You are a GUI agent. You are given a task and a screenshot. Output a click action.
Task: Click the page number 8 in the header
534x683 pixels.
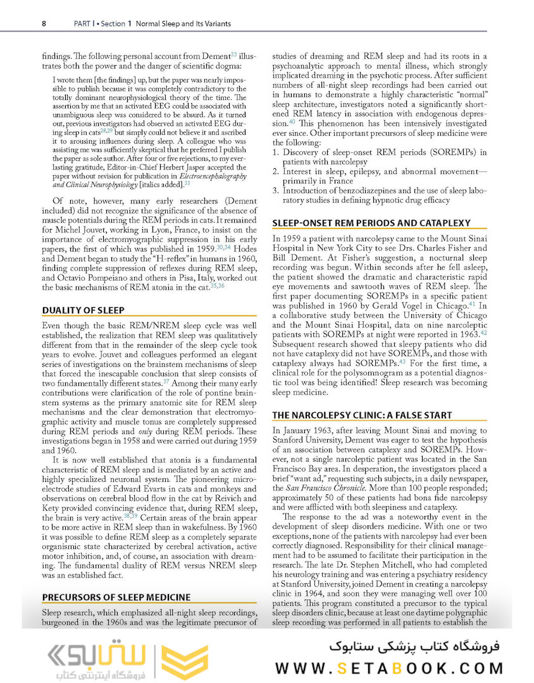pos(44,24)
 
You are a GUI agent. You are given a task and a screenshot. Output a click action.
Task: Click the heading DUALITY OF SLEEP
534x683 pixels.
pos(83,310)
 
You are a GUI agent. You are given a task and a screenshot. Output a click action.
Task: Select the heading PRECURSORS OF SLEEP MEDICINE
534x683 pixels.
pos(116,596)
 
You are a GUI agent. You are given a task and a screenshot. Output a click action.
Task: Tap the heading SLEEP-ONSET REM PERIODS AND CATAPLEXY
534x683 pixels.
pos(370,223)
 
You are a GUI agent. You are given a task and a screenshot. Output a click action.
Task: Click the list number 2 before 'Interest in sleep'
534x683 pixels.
pos(275,171)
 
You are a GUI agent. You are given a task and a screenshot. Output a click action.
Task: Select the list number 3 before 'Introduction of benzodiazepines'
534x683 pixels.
pos(275,190)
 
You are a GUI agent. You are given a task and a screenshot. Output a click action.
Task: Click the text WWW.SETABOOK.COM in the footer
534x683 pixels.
pos(390,668)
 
